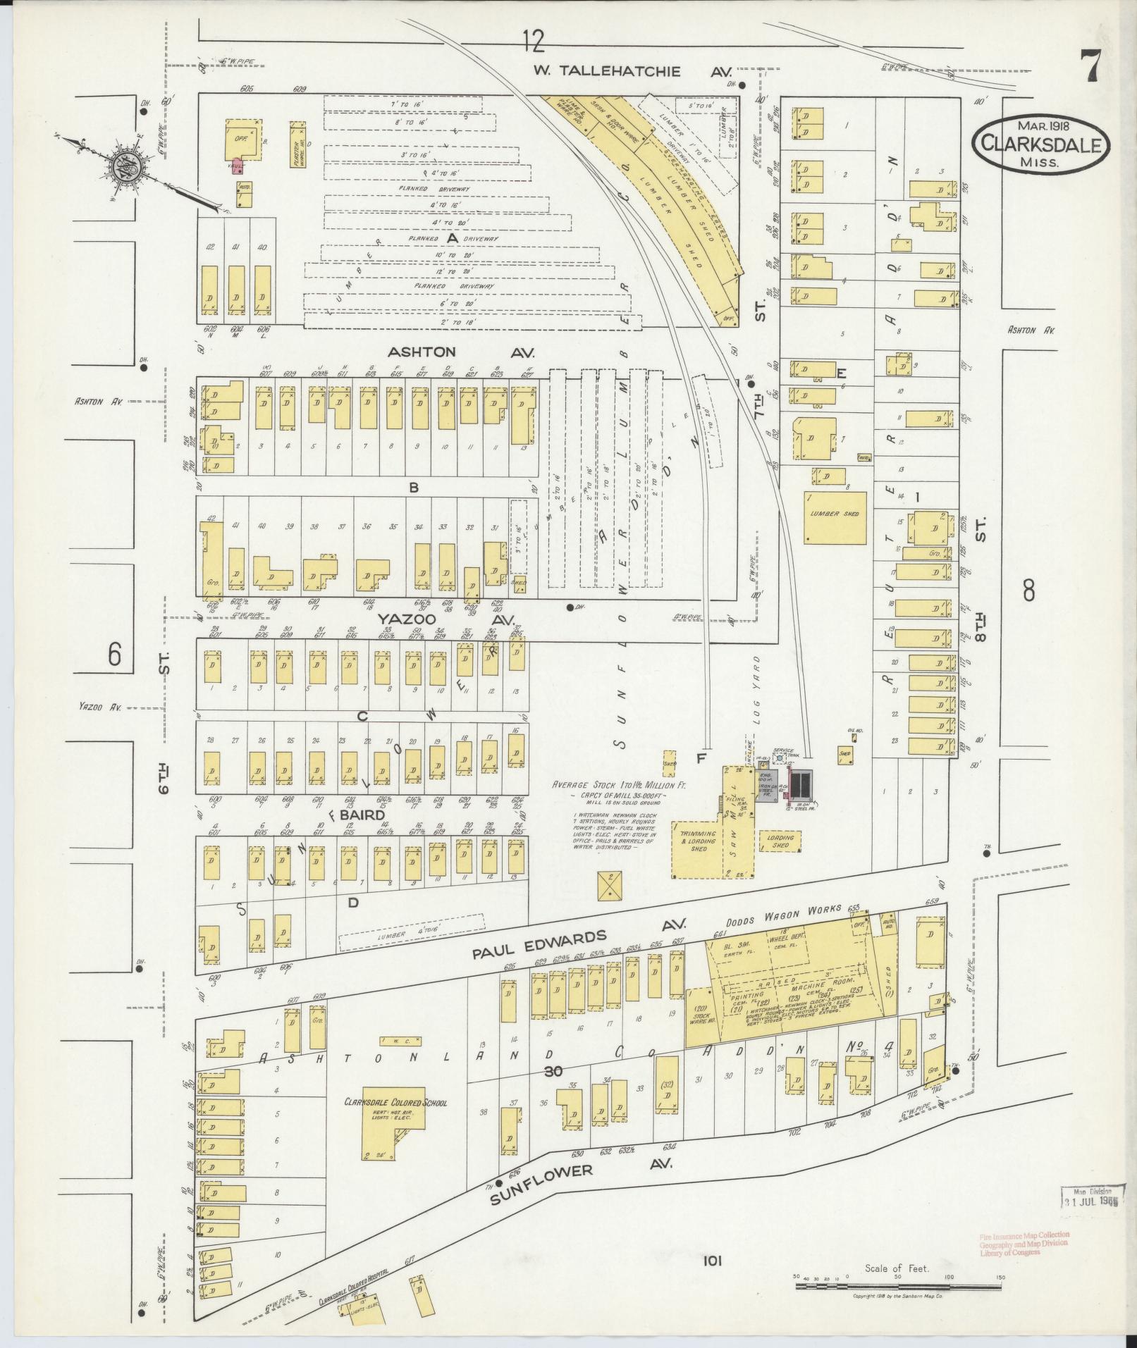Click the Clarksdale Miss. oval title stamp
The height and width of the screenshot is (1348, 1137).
click(1040, 144)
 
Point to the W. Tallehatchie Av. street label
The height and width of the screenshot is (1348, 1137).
click(632, 72)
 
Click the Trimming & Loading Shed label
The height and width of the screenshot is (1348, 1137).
click(697, 841)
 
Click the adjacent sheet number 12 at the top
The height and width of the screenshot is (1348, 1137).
click(534, 42)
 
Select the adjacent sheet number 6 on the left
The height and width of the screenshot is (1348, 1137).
click(114, 655)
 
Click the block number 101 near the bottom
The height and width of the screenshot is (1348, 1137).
click(713, 1260)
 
